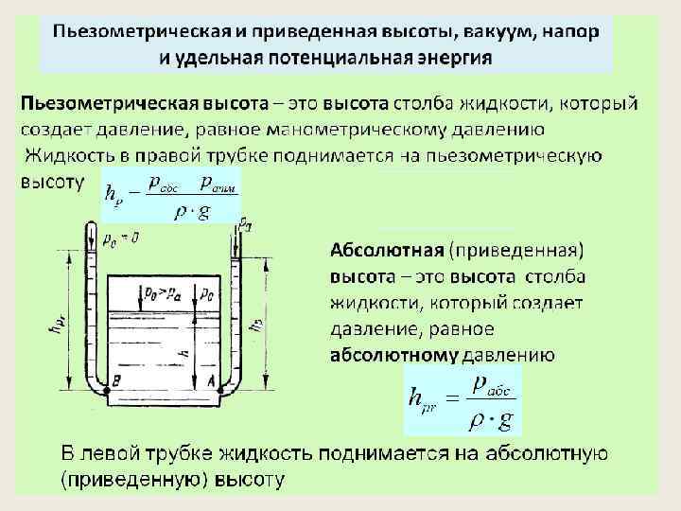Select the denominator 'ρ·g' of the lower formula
488,417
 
